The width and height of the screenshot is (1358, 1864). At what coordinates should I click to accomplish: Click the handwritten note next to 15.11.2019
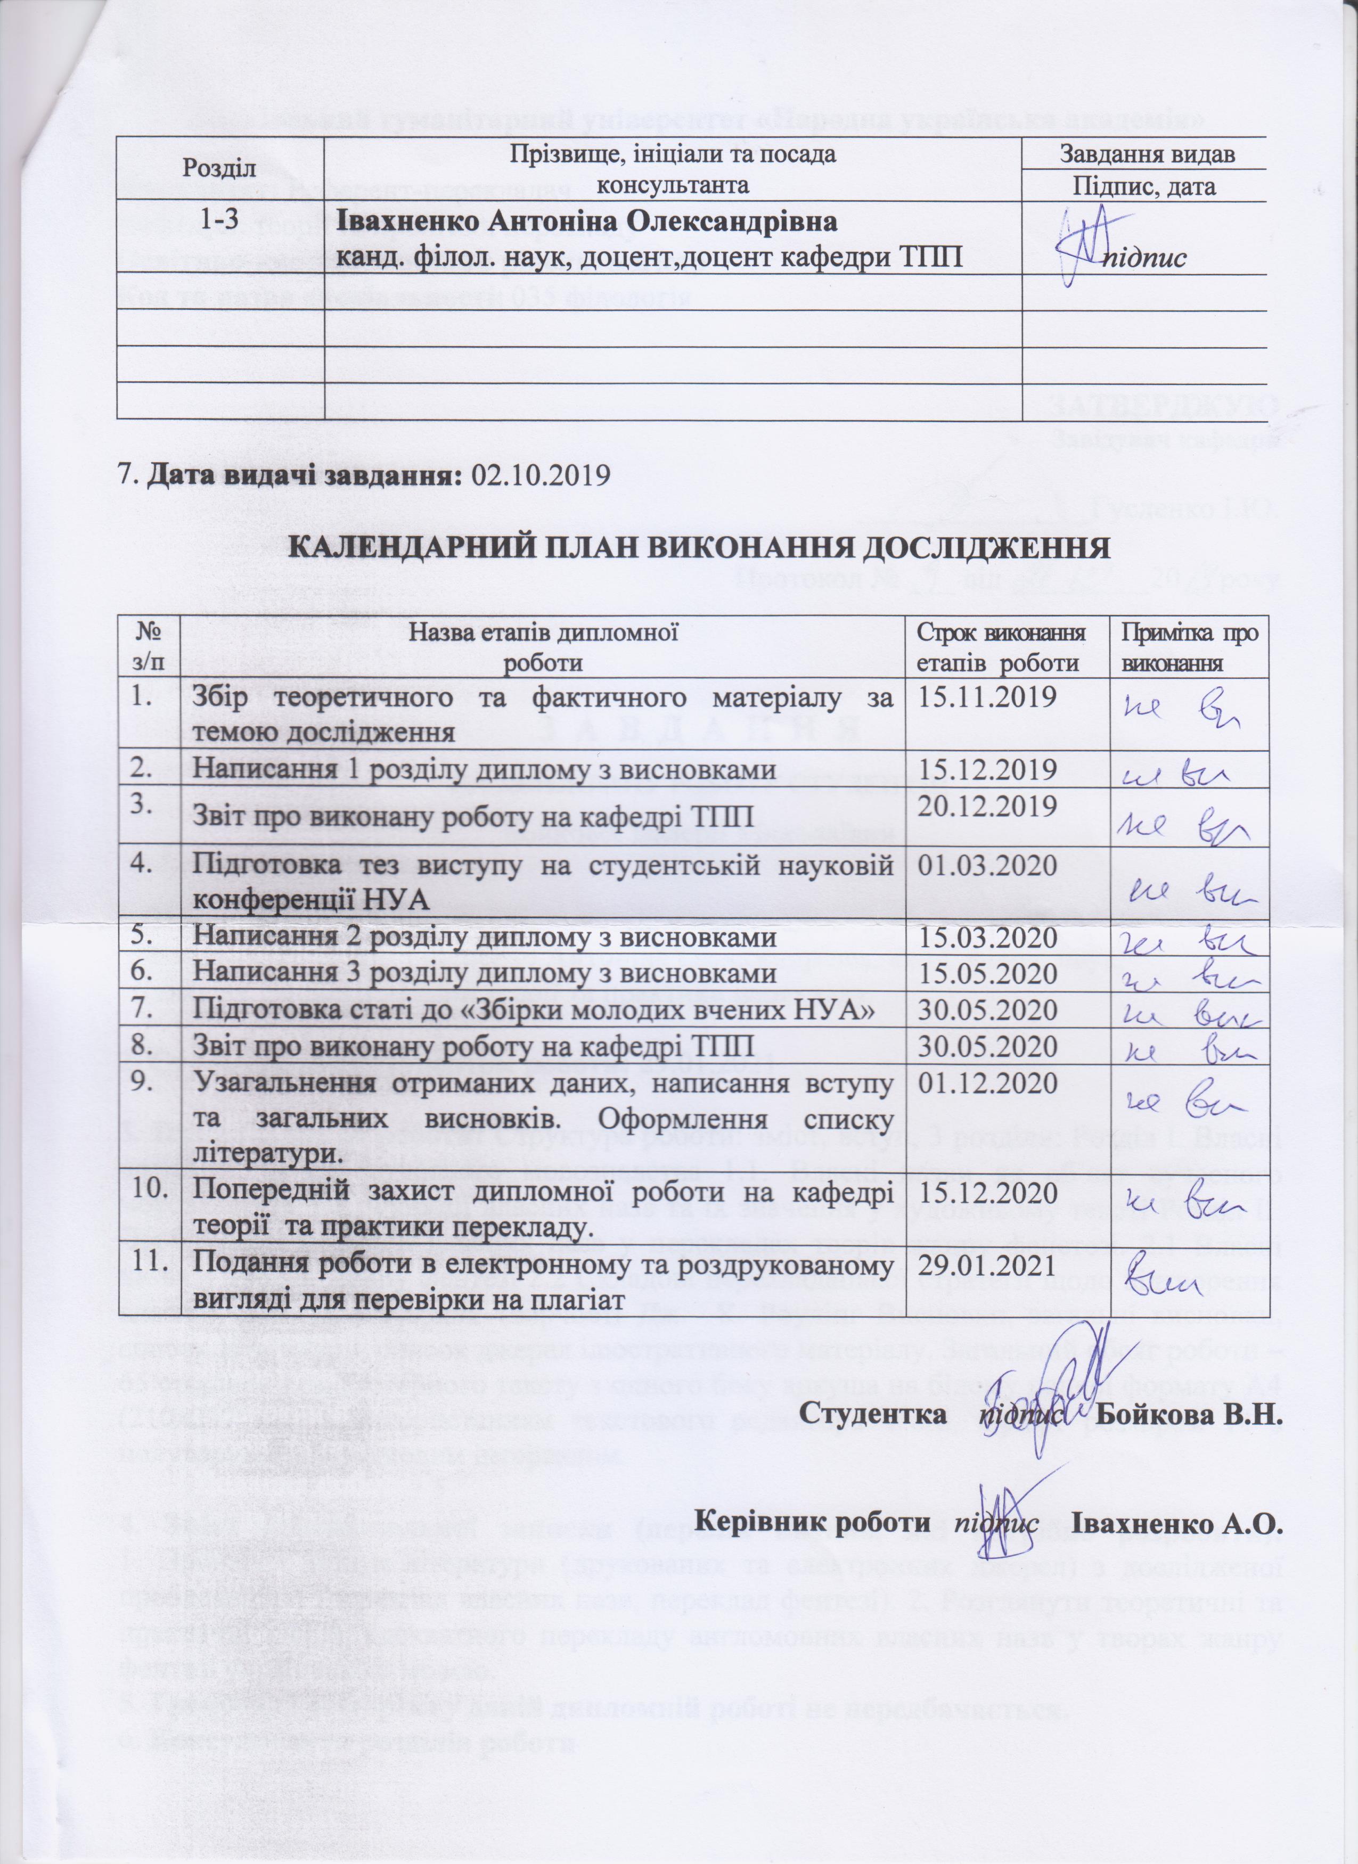[x=1189, y=712]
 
